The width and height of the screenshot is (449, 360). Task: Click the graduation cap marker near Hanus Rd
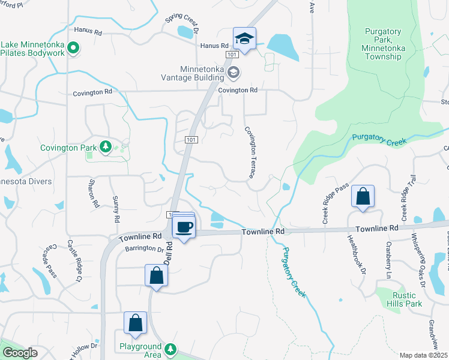coord(245,39)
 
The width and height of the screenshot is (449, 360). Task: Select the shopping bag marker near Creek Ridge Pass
coord(363,196)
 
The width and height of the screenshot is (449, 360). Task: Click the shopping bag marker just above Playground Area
coord(136,322)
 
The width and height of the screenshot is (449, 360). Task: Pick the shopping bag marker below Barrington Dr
coord(156,275)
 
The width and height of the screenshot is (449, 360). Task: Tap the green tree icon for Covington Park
coord(106,146)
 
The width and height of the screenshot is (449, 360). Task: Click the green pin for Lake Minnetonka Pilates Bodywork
coord(73,47)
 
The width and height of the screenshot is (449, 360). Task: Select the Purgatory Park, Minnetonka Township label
coord(382,44)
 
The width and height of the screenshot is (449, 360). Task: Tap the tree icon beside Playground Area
coord(170,349)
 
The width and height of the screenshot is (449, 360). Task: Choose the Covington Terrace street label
coord(252,152)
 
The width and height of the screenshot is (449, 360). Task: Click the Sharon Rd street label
coord(94,193)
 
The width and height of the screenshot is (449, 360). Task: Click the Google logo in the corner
coord(20,353)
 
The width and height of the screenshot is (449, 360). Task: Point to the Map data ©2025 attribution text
coord(423,355)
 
